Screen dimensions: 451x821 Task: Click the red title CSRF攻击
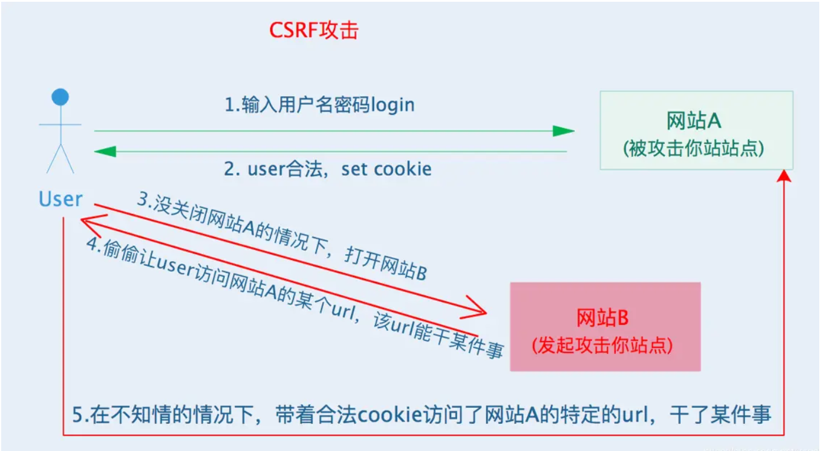(x=313, y=31)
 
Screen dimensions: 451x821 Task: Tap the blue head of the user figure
(x=60, y=97)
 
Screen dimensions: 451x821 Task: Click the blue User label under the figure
(x=60, y=199)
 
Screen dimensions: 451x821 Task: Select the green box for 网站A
(x=696, y=130)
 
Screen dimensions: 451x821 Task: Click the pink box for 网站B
(x=605, y=327)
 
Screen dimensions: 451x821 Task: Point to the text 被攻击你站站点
(x=694, y=149)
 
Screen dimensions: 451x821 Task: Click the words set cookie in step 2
(x=386, y=169)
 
